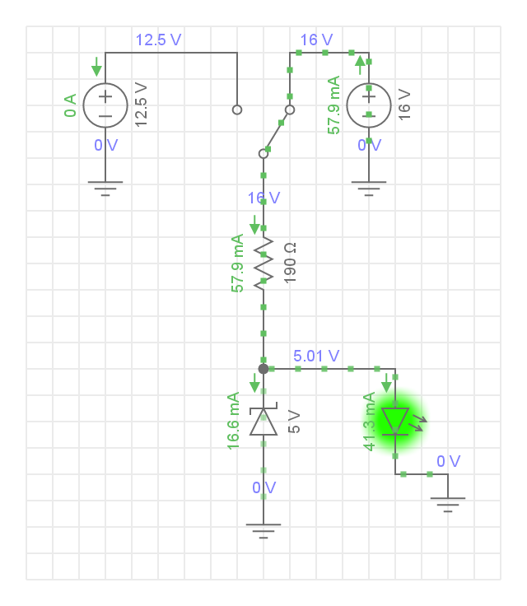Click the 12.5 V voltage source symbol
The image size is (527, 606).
pyautogui.click(x=105, y=105)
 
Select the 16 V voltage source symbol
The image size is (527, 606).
pyautogui.click(x=368, y=105)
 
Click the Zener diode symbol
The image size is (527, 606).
pyautogui.click(x=263, y=421)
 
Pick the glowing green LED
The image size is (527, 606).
pyautogui.click(x=396, y=420)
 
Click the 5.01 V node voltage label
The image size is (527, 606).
pyautogui.click(x=316, y=357)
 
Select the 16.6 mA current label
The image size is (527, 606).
pyautogui.click(x=235, y=421)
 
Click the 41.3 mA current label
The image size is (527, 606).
pyautogui.click(x=370, y=422)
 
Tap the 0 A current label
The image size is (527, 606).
pyautogui.click(x=71, y=105)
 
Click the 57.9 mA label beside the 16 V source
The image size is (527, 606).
pyautogui.click(x=333, y=105)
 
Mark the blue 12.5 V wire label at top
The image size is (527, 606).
pyautogui.click(x=158, y=40)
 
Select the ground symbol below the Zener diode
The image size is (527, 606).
pyautogui.click(x=263, y=531)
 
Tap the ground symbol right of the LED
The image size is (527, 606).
pyautogui.click(x=448, y=504)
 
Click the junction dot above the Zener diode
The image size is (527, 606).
pyautogui.click(x=263, y=369)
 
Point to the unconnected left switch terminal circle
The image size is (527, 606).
pyautogui.click(x=237, y=110)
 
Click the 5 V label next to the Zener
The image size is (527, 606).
pyautogui.click(x=295, y=422)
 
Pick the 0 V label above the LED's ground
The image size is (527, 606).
pyautogui.click(x=449, y=461)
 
